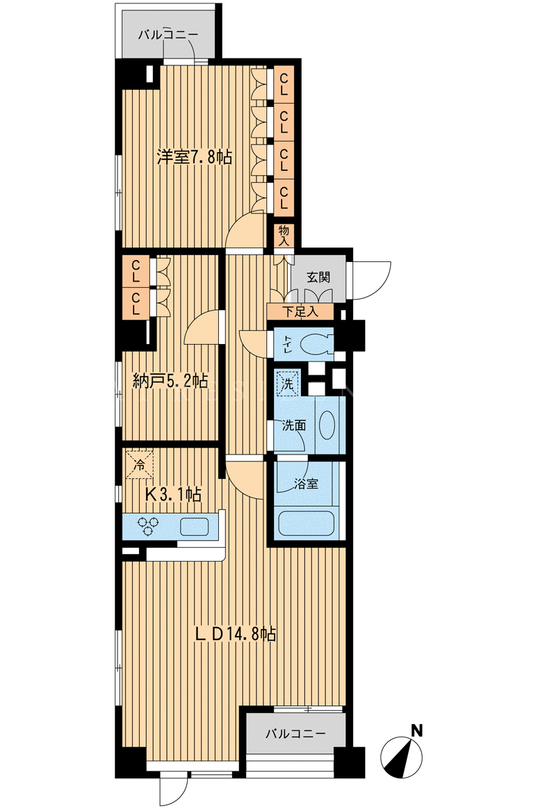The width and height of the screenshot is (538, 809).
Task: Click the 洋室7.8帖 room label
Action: [194, 157]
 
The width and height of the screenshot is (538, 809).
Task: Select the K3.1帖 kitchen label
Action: [173, 494]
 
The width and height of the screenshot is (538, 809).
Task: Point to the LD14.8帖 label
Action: [235, 634]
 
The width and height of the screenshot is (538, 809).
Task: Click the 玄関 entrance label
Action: [318, 277]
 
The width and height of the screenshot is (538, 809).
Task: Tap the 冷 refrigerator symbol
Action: [139, 464]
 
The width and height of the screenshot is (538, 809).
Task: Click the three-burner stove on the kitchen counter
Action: [149, 526]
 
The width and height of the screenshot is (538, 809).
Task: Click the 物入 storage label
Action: [284, 236]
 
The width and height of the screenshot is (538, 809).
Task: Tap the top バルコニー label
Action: [168, 35]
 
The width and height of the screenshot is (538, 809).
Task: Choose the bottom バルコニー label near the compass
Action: [295, 733]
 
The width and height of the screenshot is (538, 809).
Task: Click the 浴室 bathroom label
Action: [307, 484]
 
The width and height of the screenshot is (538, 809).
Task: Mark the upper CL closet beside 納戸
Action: [136, 270]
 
